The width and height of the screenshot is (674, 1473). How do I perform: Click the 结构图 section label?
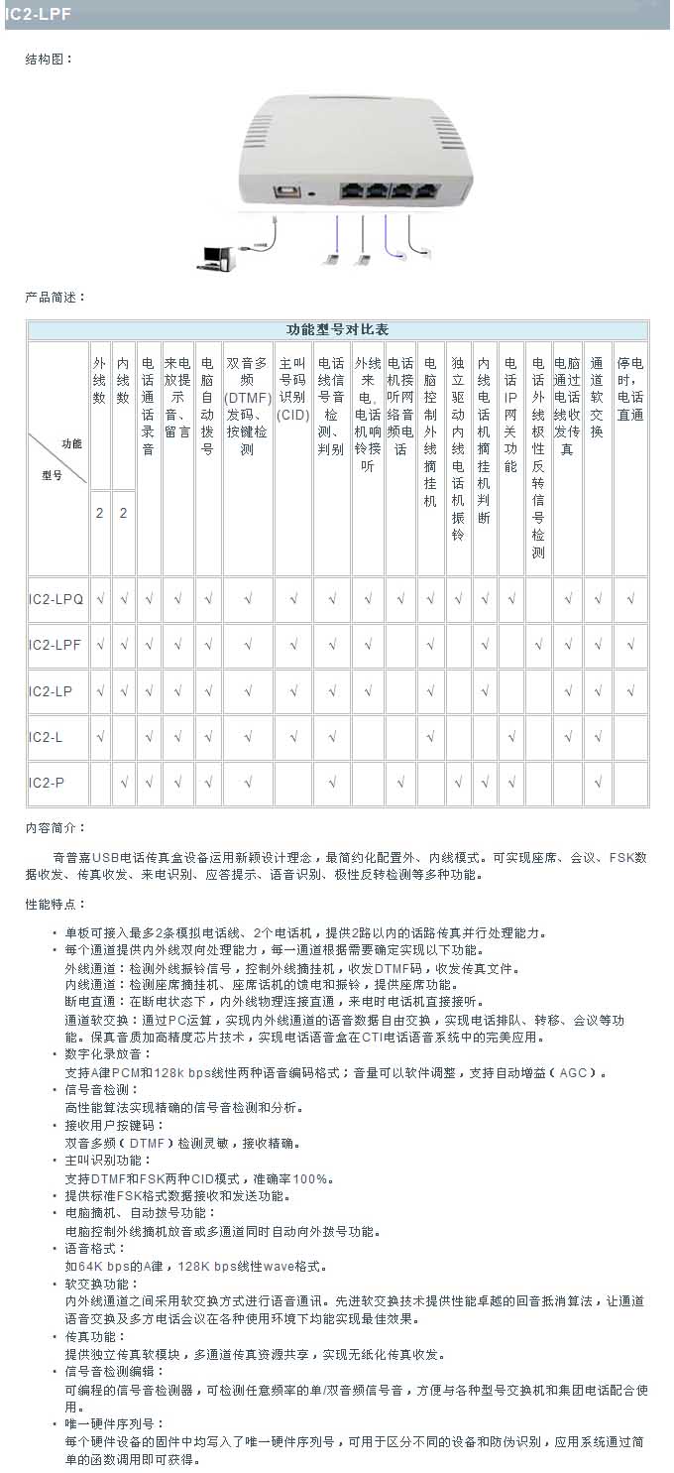[49, 60]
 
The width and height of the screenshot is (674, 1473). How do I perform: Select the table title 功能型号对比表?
[337, 330]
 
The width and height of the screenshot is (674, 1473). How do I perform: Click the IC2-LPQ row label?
[56, 599]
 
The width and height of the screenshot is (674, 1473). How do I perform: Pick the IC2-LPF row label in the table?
[56, 645]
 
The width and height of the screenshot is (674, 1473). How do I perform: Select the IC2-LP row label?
[53, 691]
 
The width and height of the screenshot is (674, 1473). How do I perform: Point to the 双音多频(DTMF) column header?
[247, 407]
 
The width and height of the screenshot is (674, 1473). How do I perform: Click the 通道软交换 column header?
[597, 398]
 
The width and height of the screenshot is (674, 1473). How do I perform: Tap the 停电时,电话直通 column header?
[629, 389]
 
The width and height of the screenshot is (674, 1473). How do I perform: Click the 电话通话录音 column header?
[148, 407]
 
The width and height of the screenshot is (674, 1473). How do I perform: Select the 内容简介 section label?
[56, 827]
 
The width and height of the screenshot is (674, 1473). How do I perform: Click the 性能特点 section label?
[56, 904]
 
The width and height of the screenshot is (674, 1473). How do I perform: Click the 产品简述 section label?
[56, 297]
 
